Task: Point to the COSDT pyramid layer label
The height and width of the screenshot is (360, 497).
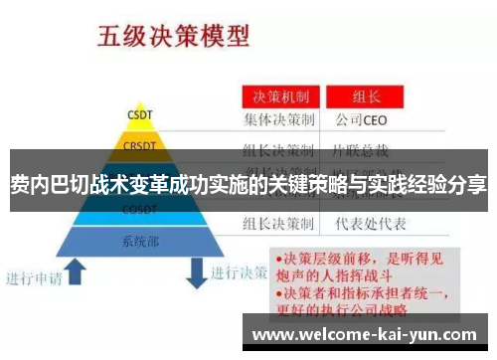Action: click(138, 210)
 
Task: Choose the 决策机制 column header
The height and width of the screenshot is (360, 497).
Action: click(277, 98)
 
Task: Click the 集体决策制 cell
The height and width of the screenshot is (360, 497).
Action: click(279, 121)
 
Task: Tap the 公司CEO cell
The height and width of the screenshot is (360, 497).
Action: click(359, 121)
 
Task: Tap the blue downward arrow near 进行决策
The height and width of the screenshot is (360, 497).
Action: click(195, 270)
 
